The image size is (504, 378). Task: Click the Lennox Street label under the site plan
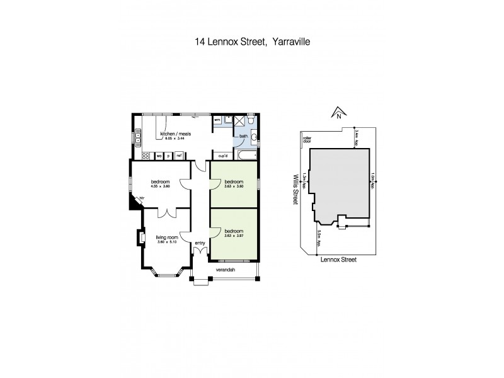338,258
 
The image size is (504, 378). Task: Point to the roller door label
307,140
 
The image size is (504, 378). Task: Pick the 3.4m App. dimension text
357,139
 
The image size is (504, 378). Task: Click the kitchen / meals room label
176,134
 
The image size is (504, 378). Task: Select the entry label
200,243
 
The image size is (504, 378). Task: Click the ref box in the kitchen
179,156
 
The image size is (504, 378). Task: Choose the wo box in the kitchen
159,156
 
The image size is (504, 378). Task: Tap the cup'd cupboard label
222,156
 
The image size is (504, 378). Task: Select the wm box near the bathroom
217,119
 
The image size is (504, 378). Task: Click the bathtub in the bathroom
248,155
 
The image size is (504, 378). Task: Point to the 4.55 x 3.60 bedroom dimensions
160,186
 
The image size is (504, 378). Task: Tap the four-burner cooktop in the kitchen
145,156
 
